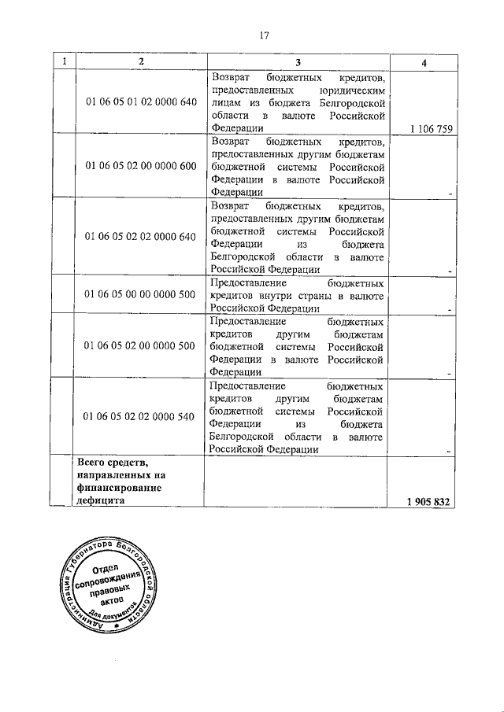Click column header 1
(63, 62)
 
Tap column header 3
(298, 62)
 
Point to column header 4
(424, 63)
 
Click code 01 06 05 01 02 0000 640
(140, 102)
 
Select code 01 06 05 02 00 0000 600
(140, 165)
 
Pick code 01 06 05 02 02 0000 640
(140, 235)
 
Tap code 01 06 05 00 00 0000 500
(140, 293)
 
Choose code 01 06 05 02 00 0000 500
(140, 345)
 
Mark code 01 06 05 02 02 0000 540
(140, 416)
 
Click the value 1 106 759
(432, 130)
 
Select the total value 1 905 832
(430, 502)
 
